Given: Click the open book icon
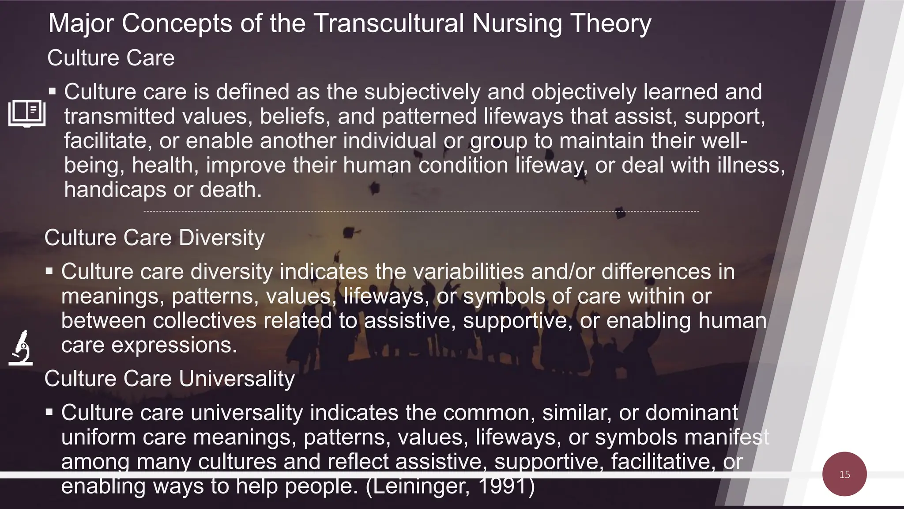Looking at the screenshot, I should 27,113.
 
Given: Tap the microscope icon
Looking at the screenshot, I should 21,348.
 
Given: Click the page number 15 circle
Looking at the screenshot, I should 844,474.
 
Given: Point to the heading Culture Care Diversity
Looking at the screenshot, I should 154,238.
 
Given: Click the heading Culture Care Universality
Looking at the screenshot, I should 169,379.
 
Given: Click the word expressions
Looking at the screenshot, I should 174,345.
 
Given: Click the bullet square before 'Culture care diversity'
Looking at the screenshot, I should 49,271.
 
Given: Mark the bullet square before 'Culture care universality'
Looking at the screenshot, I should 49,412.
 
